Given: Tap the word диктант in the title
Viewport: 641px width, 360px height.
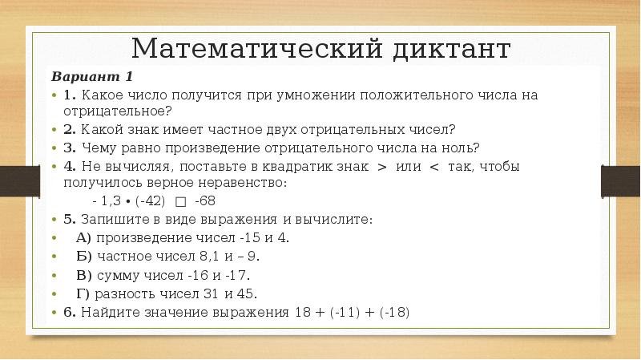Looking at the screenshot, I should [x=451, y=49].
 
